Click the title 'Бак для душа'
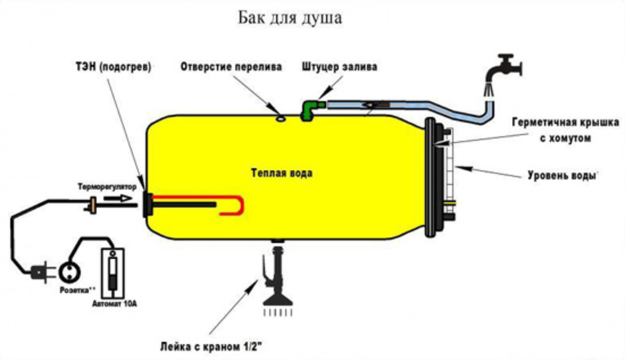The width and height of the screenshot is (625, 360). (290, 17)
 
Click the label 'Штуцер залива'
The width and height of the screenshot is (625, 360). (339, 66)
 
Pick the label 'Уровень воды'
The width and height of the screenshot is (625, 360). (561, 176)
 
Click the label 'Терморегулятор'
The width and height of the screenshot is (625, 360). (107, 186)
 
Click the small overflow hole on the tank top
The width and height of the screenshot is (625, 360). (281, 116)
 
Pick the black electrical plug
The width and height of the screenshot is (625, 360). (37, 275)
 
